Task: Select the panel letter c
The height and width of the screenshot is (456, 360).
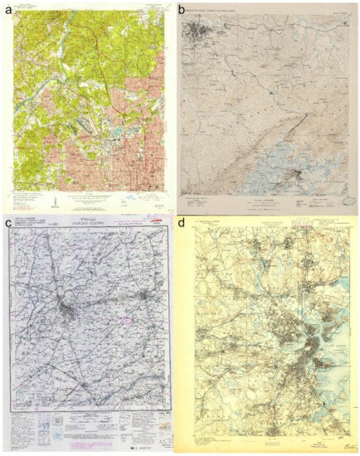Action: click(8, 224)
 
